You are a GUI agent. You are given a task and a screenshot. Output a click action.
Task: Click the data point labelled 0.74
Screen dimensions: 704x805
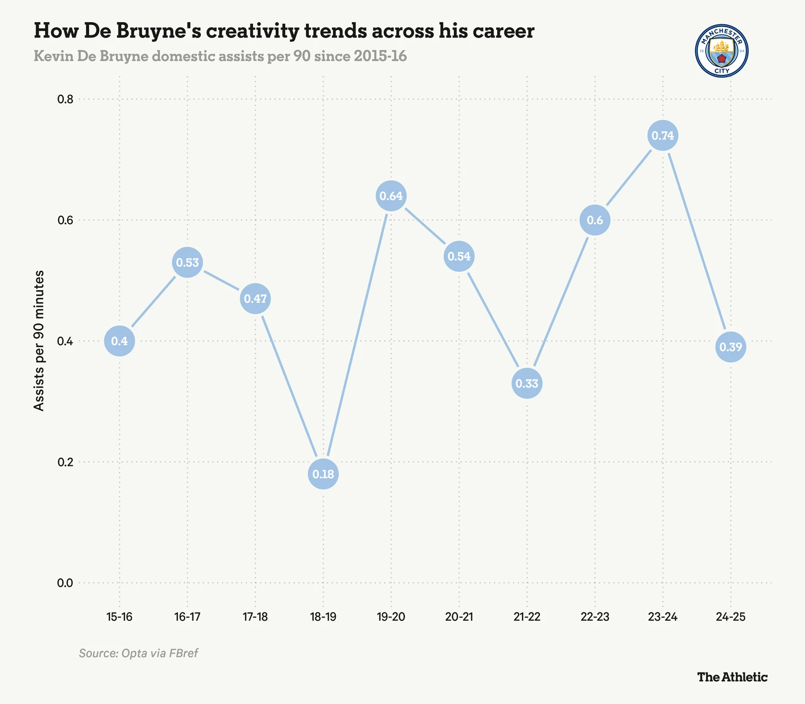click(x=663, y=136)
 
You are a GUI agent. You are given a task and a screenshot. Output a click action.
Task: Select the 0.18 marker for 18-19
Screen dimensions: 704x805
click(x=323, y=474)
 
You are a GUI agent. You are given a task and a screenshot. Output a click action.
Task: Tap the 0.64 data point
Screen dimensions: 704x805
click(x=391, y=196)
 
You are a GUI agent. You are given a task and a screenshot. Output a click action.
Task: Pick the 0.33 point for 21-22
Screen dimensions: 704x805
click(x=527, y=383)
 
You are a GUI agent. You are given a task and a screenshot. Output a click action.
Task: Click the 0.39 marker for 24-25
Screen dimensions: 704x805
click(x=731, y=347)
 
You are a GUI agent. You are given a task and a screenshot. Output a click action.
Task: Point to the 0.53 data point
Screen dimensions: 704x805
click(x=187, y=262)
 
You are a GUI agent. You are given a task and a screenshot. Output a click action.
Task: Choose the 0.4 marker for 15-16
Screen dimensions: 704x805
click(x=120, y=341)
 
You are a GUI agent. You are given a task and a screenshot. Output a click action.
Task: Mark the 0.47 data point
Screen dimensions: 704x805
click(x=255, y=299)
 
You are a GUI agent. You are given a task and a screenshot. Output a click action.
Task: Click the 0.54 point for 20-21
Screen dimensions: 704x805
click(x=459, y=256)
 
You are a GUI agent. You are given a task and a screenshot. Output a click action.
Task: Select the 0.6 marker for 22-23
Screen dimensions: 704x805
click(x=595, y=220)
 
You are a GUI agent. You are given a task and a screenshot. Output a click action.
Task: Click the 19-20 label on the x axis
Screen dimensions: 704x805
click(x=391, y=616)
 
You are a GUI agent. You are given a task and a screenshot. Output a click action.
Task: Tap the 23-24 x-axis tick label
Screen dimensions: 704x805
click(x=663, y=616)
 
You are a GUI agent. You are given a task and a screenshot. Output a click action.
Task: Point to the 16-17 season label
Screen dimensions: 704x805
click(x=187, y=616)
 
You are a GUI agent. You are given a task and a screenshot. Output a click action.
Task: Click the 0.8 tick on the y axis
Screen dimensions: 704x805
click(x=66, y=100)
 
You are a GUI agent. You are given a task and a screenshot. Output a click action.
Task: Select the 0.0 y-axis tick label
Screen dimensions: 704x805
click(x=66, y=583)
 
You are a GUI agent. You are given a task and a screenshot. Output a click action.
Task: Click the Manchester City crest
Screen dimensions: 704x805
click(x=721, y=51)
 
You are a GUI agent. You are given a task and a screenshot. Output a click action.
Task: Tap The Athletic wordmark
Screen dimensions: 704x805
click(x=732, y=677)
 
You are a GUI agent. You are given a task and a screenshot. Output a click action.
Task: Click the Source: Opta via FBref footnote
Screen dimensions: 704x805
click(x=138, y=653)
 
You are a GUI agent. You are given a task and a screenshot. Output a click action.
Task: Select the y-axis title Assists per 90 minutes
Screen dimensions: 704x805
click(x=39, y=341)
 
